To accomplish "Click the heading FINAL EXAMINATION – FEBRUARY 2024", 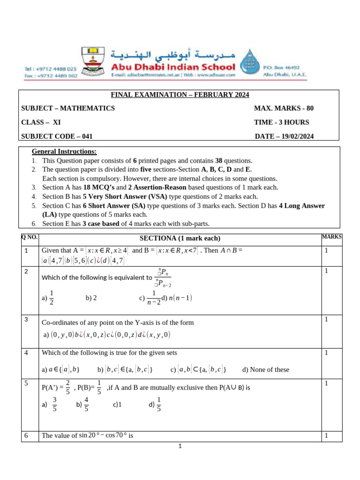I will click(180, 95).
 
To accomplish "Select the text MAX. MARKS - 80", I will click(284, 108).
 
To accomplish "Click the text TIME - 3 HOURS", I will click(281, 122).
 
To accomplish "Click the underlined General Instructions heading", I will click(64, 151).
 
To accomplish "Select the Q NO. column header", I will click(28, 237).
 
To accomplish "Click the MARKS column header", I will click(331, 237).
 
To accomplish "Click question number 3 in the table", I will click(27, 320).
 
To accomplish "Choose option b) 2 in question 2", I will click(91, 297).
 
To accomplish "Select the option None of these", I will click(266, 369).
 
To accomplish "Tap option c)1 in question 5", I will click(117, 404).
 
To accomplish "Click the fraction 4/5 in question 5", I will click(86, 404).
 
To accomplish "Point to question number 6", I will click(27, 435).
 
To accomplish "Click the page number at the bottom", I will click(180, 446).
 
